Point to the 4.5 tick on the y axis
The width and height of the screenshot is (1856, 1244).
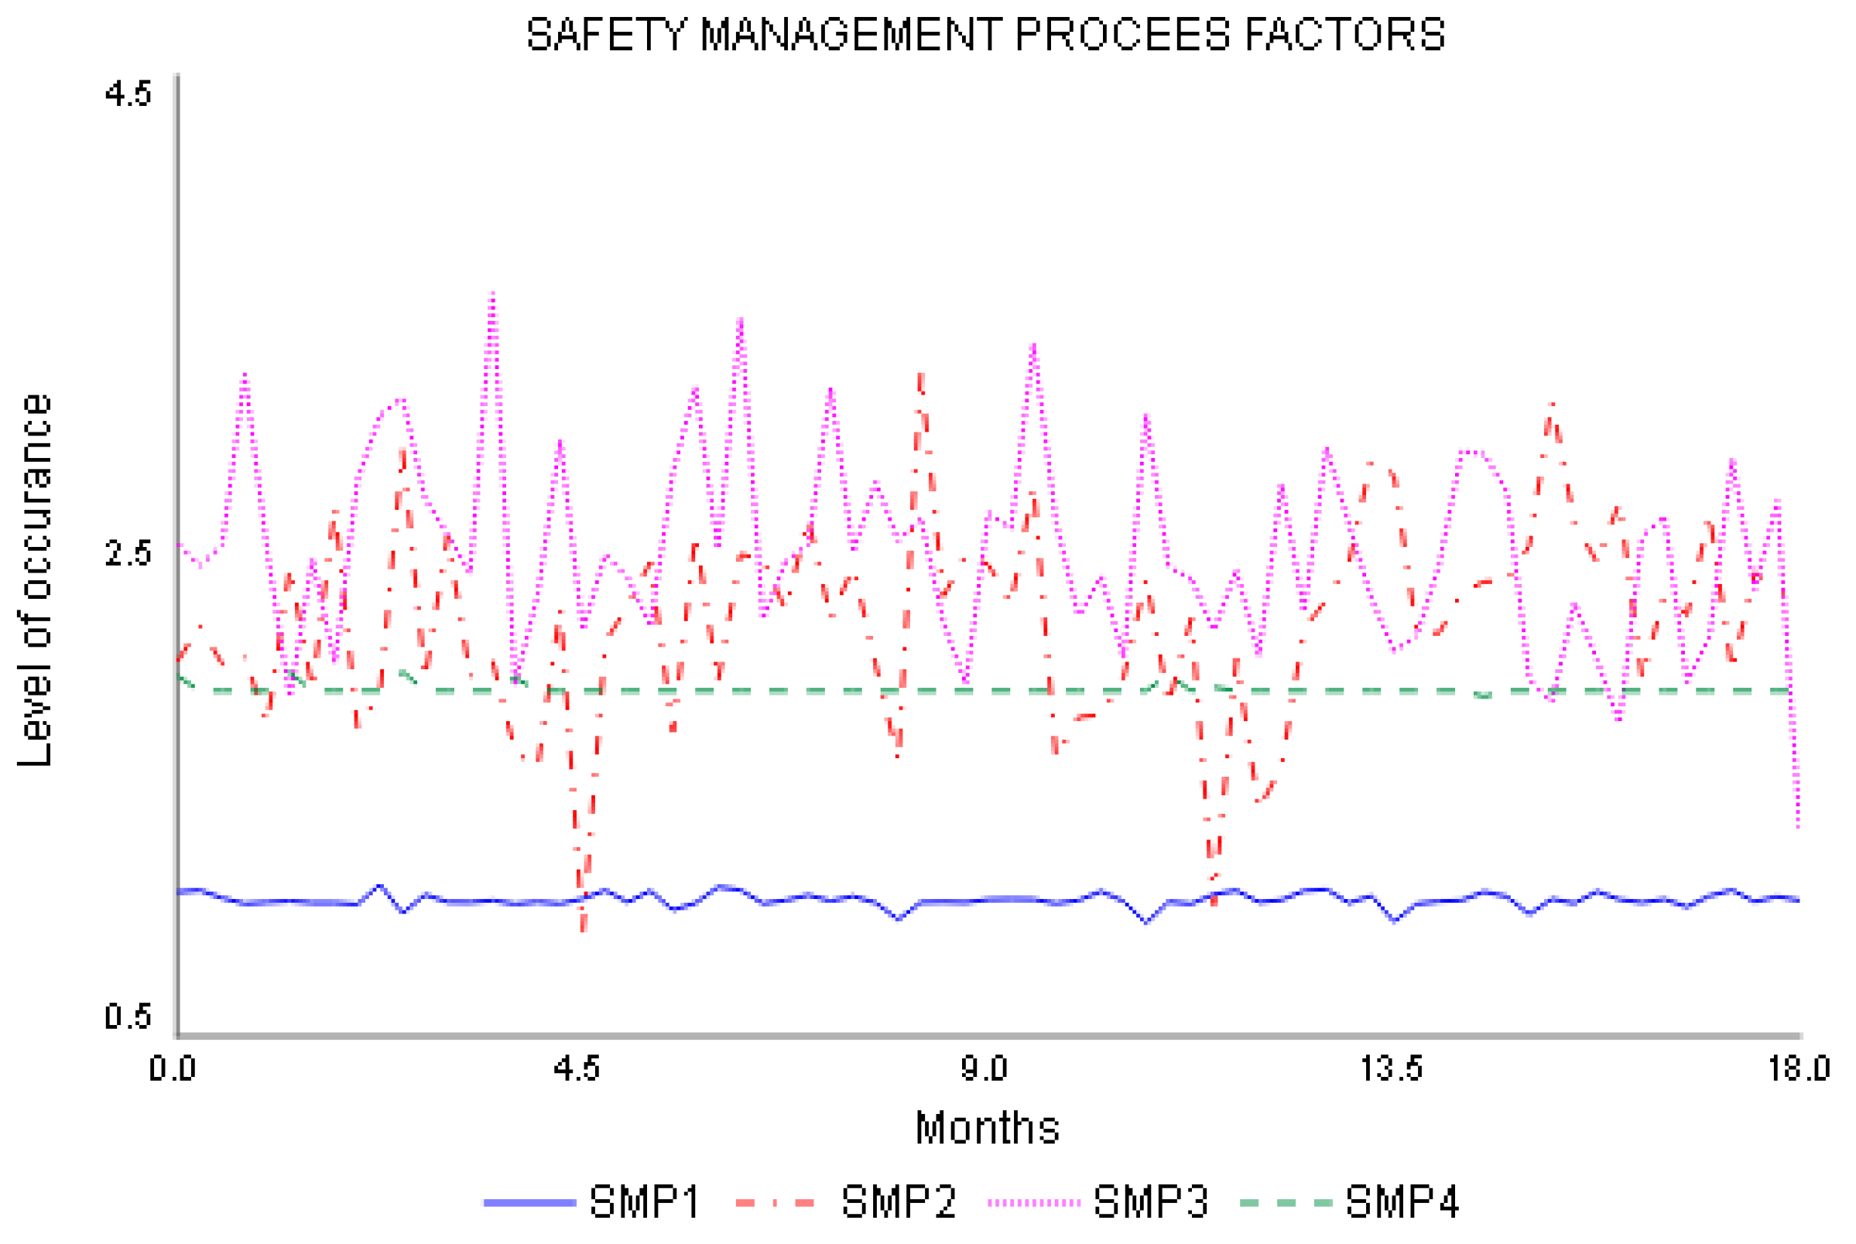click(x=128, y=94)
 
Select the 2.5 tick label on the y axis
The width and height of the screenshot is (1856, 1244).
click(x=128, y=553)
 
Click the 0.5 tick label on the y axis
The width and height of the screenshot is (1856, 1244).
click(x=128, y=1017)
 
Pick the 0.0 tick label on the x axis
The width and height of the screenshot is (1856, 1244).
click(x=173, y=1068)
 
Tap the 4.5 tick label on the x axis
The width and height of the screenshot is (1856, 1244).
click(x=577, y=1068)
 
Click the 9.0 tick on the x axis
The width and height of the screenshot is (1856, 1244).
click(x=984, y=1068)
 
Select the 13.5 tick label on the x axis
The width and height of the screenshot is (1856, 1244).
click(x=1392, y=1068)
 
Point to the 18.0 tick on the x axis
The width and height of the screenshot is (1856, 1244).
click(x=1798, y=1068)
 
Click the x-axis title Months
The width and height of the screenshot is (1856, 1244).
click(x=987, y=1127)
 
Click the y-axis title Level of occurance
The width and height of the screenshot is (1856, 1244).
click(x=35, y=580)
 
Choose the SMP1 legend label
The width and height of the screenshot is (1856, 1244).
click(x=644, y=1203)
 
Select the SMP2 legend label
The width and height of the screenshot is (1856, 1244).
click(x=899, y=1203)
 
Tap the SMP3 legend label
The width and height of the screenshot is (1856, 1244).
click(x=1151, y=1203)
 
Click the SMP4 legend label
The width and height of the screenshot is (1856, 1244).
click(x=1402, y=1203)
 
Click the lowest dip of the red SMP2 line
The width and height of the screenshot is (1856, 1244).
click(x=584, y=930)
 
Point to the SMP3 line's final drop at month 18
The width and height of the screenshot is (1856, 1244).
click(x=1797, y=825)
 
